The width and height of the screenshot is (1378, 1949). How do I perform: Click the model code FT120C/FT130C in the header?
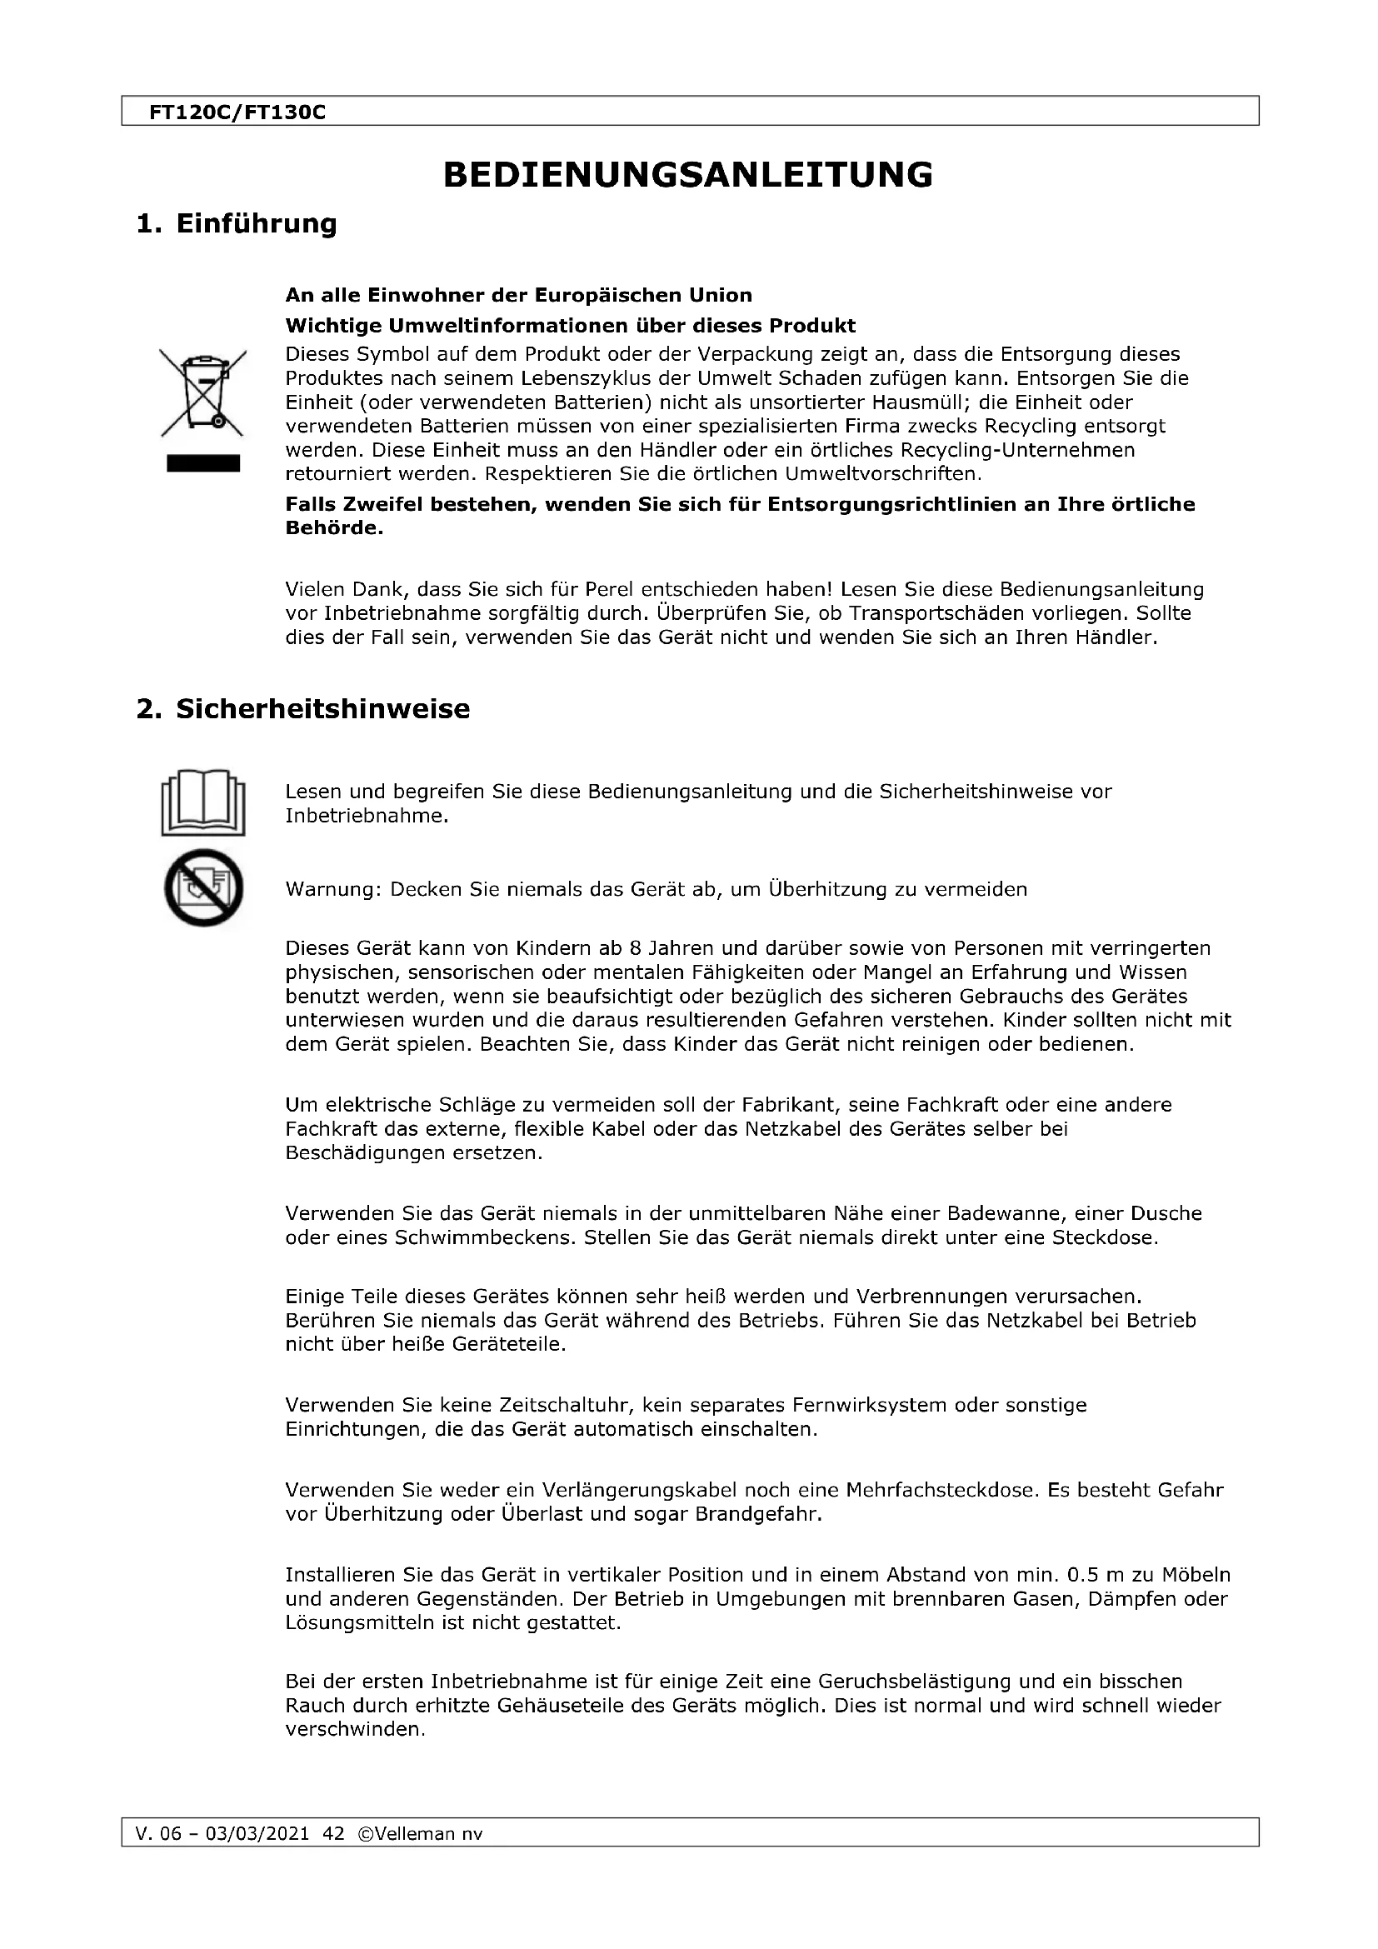pos(237,112)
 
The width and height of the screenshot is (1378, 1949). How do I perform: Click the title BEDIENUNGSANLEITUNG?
pos(688,175)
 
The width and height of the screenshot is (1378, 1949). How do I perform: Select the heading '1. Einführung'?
pos(237,224)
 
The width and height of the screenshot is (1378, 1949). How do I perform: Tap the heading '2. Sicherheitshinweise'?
pos(303,709)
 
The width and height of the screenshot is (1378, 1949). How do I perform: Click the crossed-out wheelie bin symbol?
pos(202,392)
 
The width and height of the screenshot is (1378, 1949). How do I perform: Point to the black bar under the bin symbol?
pos(202,463)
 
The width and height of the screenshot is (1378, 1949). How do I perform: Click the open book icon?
pos(202,803)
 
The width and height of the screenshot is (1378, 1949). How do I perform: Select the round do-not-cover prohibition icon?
pos(202,888)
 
